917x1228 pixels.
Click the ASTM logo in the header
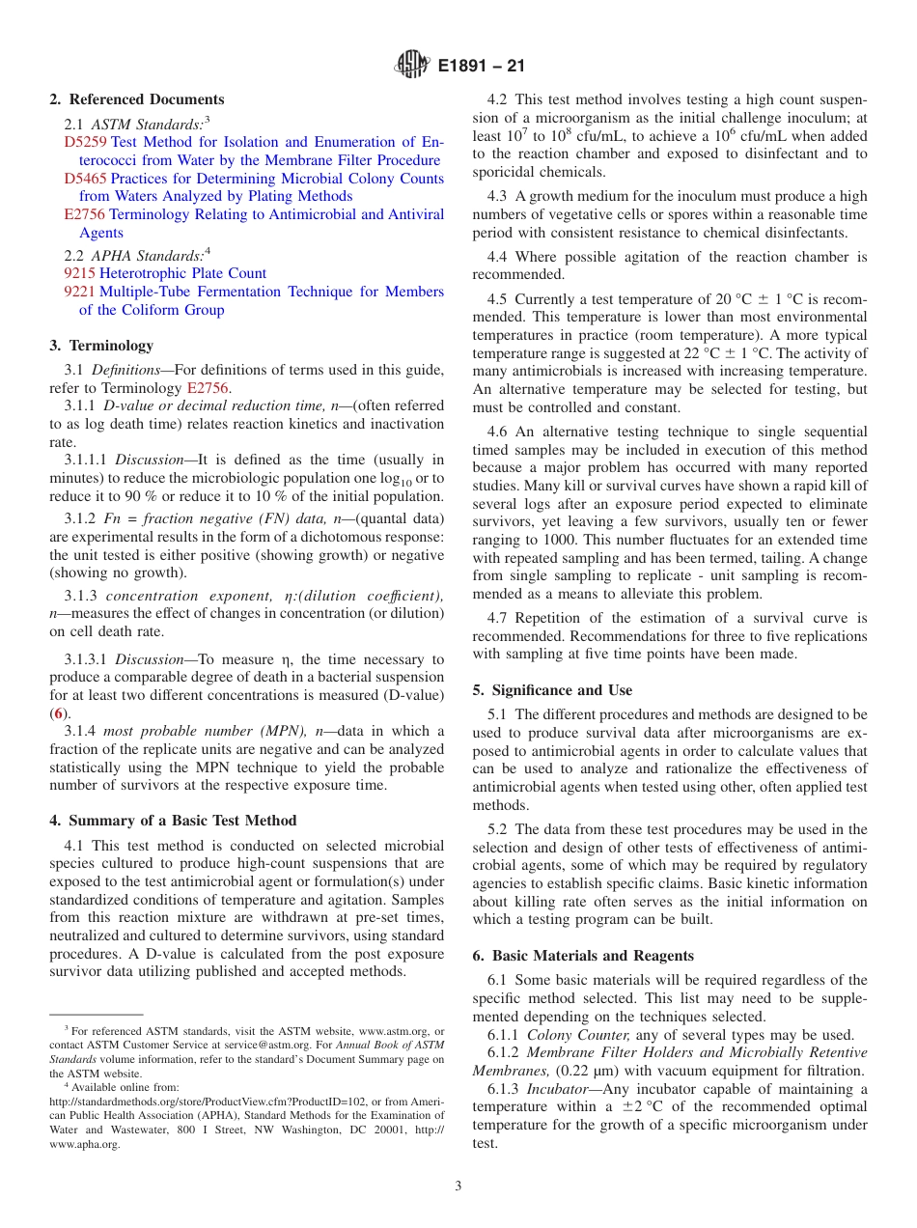coord(413,67)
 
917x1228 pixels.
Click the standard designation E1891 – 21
coord(481,67)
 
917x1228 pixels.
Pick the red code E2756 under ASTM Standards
coord(84,214)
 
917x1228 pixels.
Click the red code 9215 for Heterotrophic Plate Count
coord(79,273)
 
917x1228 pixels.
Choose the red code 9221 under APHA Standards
coord(79,292)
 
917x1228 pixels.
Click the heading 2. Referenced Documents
coord(136,99)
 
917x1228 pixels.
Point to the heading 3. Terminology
coord(101,346)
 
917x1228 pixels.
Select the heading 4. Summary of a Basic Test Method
coord(173,821)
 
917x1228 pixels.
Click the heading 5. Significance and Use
coord(552,690)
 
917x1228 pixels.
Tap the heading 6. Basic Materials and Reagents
coord(583,956)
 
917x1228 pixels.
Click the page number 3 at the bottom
coord(458,1186)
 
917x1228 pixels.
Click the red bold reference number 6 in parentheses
coord(59,712)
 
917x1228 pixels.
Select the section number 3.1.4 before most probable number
coord(81,731)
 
